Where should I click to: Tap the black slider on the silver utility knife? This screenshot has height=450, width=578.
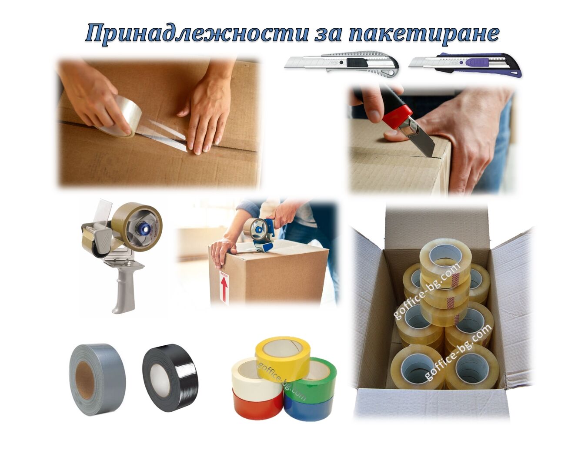click(x=357, y=63)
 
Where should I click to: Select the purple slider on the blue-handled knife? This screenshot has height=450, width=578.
click(x=477, y=63)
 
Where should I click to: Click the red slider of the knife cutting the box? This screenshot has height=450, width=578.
click(x=398, y=116)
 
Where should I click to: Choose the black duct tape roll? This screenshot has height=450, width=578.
click(x=170, y=378)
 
